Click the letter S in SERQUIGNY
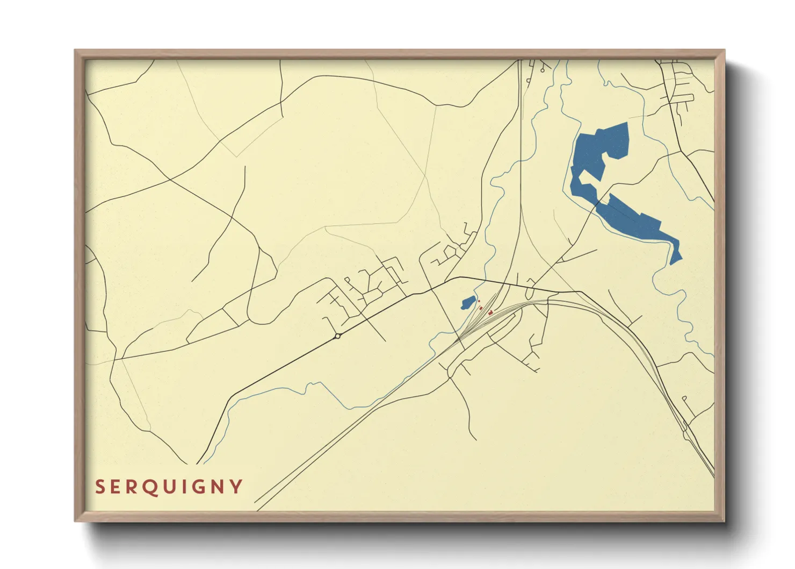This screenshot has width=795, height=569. (x=99, y=487)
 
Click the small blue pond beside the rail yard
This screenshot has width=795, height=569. (x=468, y=303)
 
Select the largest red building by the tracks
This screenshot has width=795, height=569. (x=490, y=312)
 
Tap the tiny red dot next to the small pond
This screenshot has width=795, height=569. (x=479, y=302)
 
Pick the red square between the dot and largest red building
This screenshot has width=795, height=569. (x=481, y=308)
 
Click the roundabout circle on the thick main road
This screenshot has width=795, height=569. (x=338, y=336)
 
